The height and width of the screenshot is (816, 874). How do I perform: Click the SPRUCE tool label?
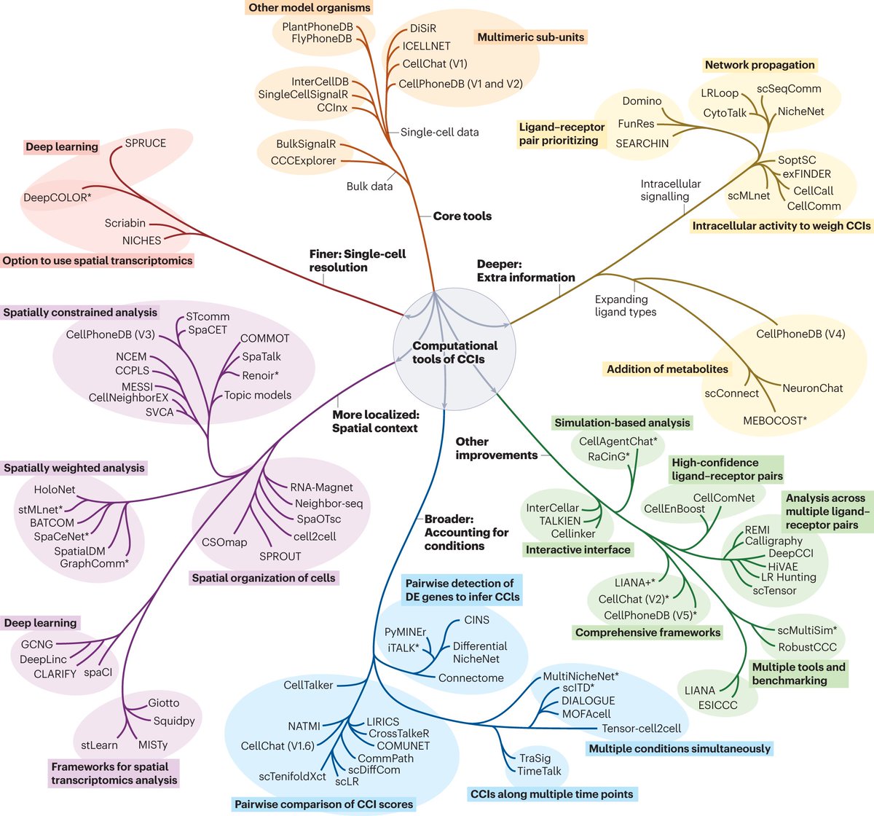(145, 143)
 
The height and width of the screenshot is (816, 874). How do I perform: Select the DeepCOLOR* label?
(58, 197)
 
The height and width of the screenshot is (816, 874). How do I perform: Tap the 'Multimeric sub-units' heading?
(530, 37)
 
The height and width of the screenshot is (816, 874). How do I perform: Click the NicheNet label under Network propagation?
(800, 111)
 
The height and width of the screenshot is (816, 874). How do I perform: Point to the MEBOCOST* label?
(775, 420)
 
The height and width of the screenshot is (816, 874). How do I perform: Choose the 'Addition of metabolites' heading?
(667, 369)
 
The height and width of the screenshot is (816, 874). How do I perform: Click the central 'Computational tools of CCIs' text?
(454, 352)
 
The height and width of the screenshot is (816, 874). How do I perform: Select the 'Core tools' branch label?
(462, 216)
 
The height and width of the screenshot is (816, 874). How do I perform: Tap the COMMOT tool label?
(264, 338)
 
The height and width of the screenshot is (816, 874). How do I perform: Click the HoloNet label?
(54, 490)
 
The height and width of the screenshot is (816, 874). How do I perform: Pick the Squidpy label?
(174, 721)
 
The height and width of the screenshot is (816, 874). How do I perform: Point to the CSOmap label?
(224, 542)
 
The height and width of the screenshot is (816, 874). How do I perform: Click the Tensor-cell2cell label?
(642, 728)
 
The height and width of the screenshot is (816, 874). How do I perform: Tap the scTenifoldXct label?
(292, 777)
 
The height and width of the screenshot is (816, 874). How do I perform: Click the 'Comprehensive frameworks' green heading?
(647, 632)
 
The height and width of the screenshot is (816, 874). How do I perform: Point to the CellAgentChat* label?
(618, 442)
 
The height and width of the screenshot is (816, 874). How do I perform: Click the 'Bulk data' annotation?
(369, 187)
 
